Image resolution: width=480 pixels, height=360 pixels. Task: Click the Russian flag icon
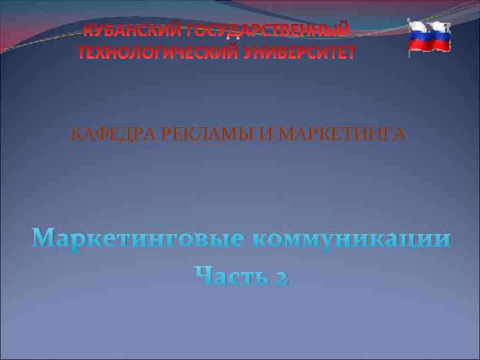(429, 37)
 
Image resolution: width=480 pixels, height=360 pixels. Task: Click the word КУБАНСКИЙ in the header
(129, 31)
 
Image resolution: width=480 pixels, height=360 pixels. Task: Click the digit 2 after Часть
(279, 275)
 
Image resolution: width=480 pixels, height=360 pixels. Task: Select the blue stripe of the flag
(429, 37)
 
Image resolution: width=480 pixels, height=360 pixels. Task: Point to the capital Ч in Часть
(202, 273)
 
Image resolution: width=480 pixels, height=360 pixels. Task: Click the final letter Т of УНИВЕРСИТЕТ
(350, 52)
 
